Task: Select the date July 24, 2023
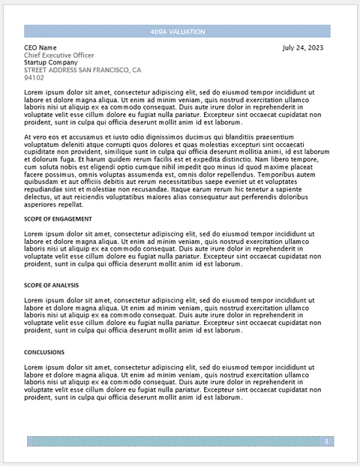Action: point(303,47)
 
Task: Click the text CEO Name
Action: point(40,47)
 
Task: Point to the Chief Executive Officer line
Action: point(59,55)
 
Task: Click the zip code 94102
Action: point(34,77)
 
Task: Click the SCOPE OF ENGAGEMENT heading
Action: point(58,219)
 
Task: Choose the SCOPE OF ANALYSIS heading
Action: point(51,286)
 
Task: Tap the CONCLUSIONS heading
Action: point(44,352)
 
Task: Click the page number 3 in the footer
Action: point(326,441)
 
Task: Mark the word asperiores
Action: point(41,204)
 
